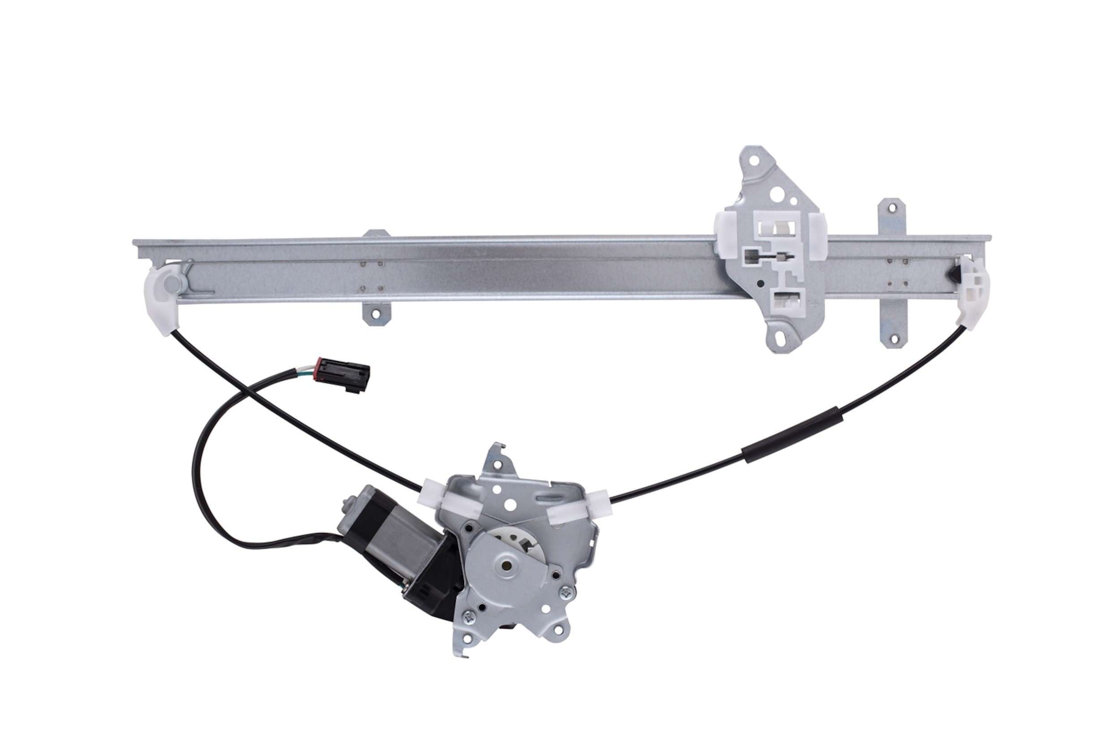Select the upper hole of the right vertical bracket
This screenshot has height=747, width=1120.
tap(891, 208)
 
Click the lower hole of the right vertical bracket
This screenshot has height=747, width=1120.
tap(894, 339)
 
